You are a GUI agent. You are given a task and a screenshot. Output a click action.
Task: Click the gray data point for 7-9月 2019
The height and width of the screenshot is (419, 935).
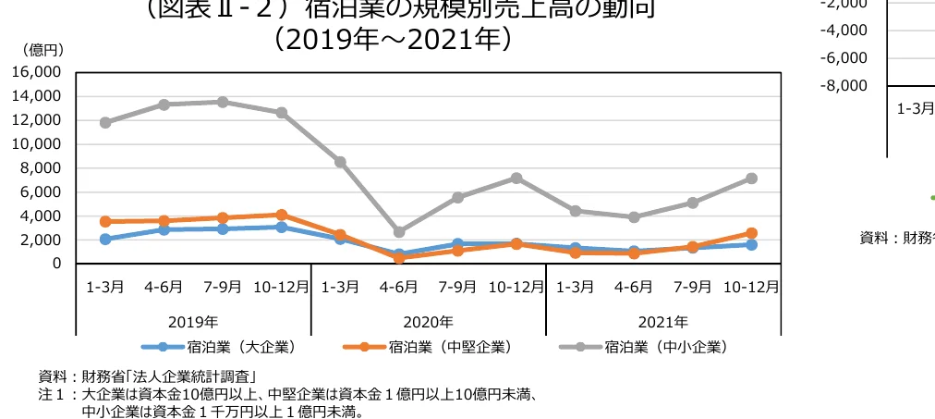point(223,102)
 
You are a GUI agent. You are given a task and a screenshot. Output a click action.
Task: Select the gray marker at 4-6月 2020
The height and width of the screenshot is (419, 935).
point(399,232)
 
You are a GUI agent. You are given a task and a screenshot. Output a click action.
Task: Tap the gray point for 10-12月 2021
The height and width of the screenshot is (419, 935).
point(751,179)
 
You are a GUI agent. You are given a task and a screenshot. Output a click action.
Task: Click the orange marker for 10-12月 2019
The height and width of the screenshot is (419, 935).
point(282,215)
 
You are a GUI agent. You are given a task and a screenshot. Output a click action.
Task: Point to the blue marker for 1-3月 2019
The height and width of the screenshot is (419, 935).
point(105,240)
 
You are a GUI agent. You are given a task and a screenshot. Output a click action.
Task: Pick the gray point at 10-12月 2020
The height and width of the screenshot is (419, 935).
point(516,178)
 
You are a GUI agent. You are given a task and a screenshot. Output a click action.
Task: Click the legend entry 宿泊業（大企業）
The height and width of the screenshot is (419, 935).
point(219,348)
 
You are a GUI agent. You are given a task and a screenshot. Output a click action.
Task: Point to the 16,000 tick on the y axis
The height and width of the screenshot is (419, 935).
point(36,72)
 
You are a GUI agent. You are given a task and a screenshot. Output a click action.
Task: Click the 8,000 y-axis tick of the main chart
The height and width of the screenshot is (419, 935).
point(40,168)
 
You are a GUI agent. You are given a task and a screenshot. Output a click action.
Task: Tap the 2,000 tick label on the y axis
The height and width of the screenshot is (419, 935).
point(40,240)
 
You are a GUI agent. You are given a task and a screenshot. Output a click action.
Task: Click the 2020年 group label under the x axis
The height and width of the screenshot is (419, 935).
point(428,322)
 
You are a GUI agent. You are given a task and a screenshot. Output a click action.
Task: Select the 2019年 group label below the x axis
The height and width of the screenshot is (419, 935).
point(193,322)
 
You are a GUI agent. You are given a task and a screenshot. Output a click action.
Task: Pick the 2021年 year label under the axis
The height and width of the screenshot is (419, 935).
point(662,322)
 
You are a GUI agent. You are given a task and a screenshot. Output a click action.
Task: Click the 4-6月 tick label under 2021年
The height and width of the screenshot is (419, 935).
point(634,287)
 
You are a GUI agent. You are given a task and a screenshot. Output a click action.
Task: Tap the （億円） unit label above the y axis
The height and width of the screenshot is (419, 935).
point(42,48)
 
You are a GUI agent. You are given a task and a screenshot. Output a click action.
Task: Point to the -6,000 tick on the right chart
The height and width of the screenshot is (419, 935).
point(846,58)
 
